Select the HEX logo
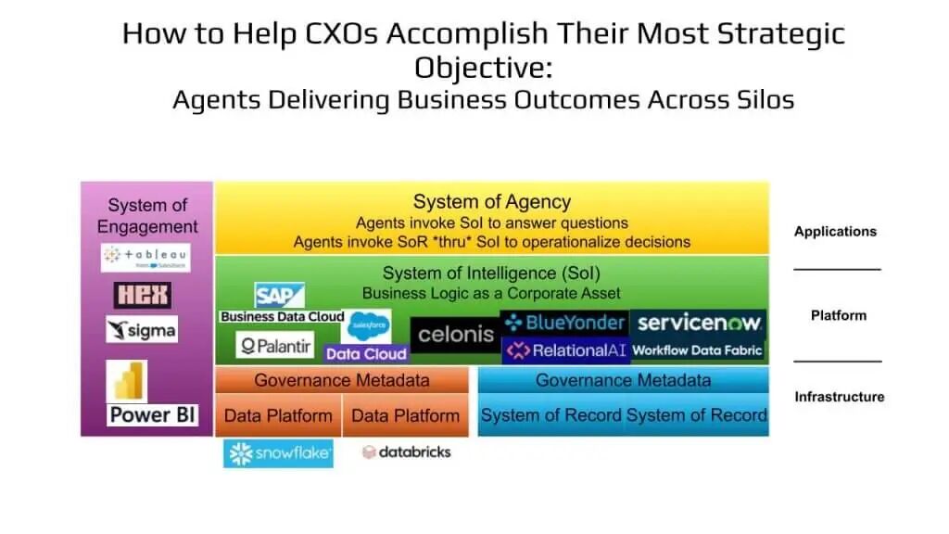pyautogui.click(x=142, y=295)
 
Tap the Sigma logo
pyautogui.click(x=141, y=329)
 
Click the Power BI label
pyautogui.click(x=153, y=414)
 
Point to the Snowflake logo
pyautogui.click(x=278, y=452)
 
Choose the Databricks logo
pyautogui.click(x=407, y=452)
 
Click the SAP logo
pyautogui.click(x=279, y=296)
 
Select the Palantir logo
pyautogui.click(x=275, y=347)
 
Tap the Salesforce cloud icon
pyautogui.click(x=368, y=326)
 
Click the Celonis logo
pyautogui.click(x=455, y=334)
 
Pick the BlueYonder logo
pyautogui.click(x=564, y=323)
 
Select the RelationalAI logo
pyautogui.click(x=565, y=350)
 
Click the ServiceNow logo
pyautogui.click(x=699, y=323)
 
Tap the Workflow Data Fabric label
pyautogui.click(x=698, y=350)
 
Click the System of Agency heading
pyautogui.click(x=491, y=201)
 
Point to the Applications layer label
pyautogui.click(x=835, y=232)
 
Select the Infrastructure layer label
pyautogui.click(x=839, y=397)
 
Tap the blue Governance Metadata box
pyautogui.click(x=623, y=380)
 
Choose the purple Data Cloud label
pyautogui.click(x=366, y=353)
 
